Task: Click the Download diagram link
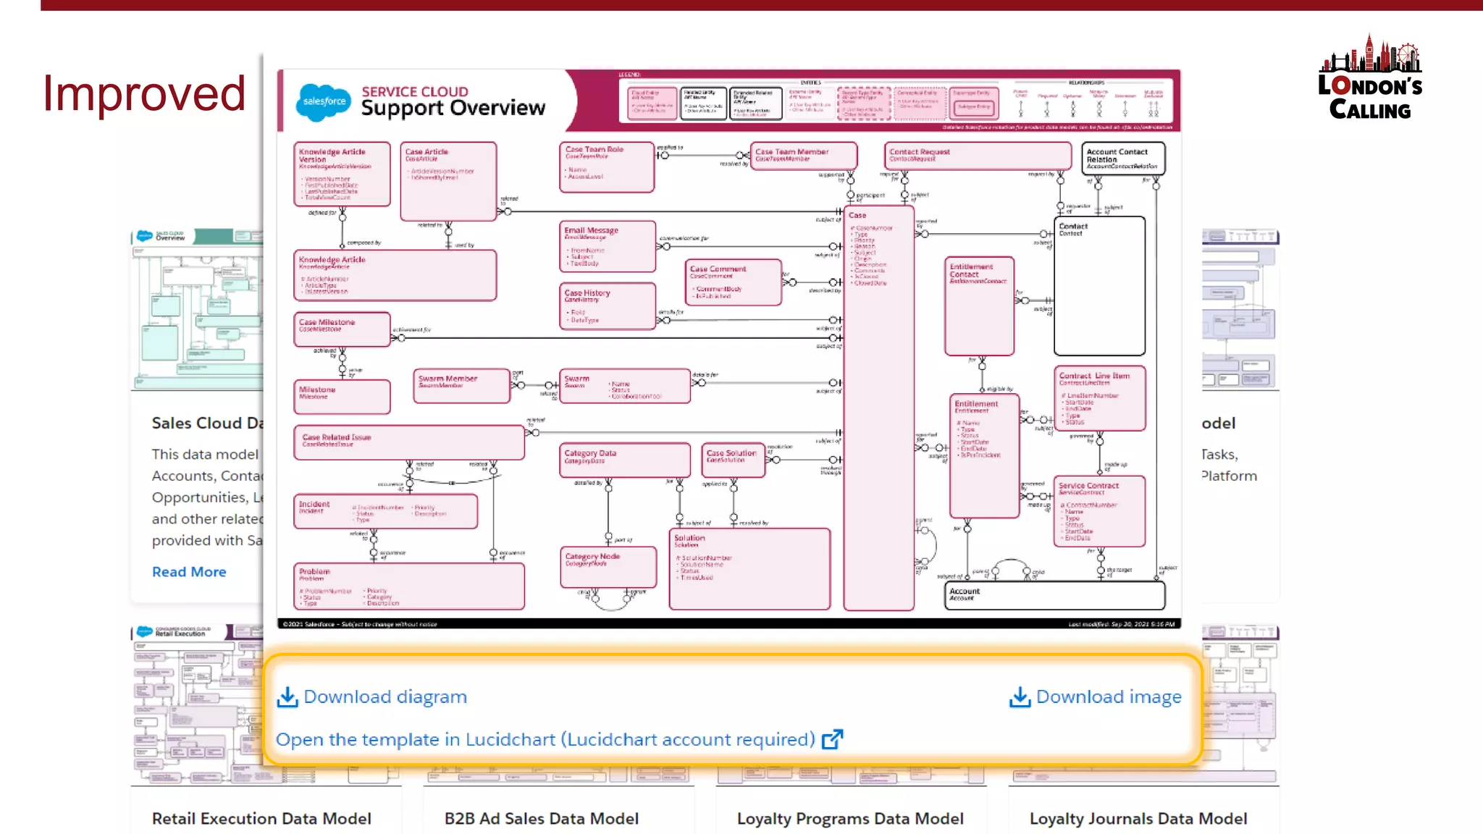click(372, 696)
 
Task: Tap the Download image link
click(1096, 696)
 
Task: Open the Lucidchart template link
click(545, 739)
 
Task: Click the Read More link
click(189, 572)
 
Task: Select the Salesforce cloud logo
click(323, 101)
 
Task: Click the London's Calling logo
click(1370, 78)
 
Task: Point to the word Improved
click(144, 93)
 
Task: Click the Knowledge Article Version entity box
click(342, 174)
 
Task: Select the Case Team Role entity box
click(607, 167)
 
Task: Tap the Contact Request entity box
click(978, 156)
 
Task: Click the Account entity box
click(1054, 595)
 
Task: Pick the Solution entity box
click(749, 568)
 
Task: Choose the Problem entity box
click(409, 586)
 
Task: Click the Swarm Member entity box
click(461, 386)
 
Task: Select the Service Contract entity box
click(1099, 510)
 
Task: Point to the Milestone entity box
click(342, 397)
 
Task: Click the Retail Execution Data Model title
click(261, 819)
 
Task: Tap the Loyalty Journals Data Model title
click(1138, 819)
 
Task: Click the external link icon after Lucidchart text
click(833, 739)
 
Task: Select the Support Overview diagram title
click(453, 108)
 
